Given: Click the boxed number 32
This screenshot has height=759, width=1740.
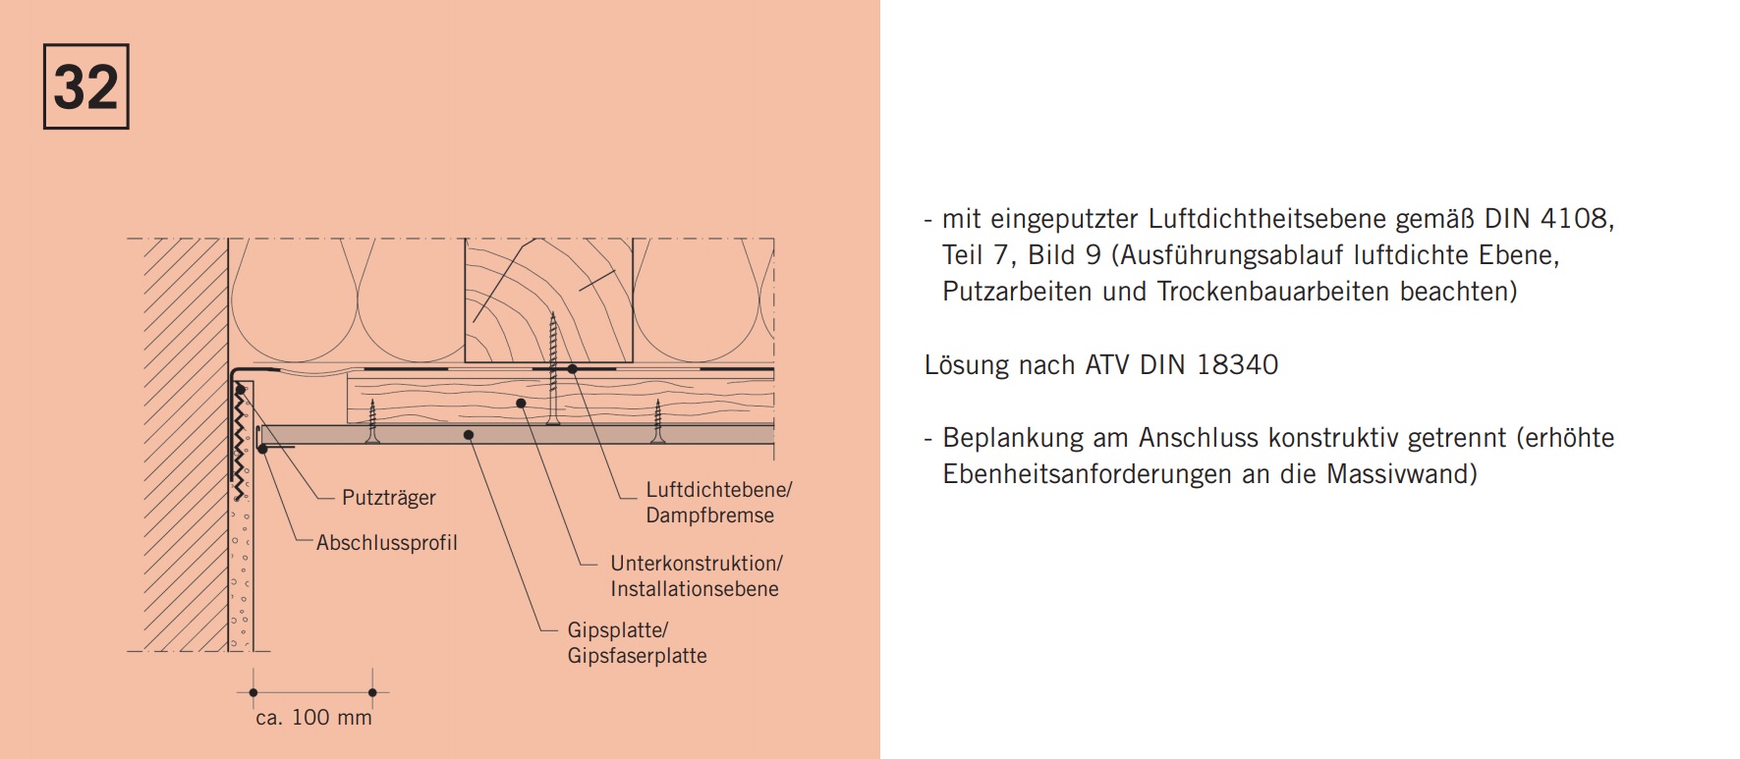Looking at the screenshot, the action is pyautogui.click(x=86, y=86).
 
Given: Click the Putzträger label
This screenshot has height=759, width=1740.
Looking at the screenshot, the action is pyautogui.click(x=388, y=498).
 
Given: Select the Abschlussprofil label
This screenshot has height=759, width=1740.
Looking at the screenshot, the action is pyautogui.click(x=387, y=543).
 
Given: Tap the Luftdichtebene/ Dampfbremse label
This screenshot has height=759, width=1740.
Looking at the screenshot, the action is pyautogui.click(x=718, y=502).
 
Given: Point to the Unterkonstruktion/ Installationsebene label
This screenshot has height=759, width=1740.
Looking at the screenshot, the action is pyautogui.click(x=696, y=576).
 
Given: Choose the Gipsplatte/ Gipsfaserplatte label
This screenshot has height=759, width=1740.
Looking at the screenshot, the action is pyautogui.click(x=637, y=643).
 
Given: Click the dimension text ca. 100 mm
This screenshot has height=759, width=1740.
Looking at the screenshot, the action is pyautogui.click(x=313, y=718).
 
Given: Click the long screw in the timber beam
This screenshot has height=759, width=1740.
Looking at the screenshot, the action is pyautogui.click(x=553, y=369).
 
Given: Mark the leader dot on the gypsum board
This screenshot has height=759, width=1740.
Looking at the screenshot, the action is pyautogui.click(x=469, y=434).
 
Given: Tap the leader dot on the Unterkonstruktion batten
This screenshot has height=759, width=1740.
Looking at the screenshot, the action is pyautogui.click(x=521, y=403).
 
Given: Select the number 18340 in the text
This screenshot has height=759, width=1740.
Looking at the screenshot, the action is pyautogui.click(x=1237, y=365).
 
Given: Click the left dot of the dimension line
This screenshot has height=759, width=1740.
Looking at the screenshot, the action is pyautogui.click(x=253, y=692).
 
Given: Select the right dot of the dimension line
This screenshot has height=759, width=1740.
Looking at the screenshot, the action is pyautogui.click(x=372, y=692).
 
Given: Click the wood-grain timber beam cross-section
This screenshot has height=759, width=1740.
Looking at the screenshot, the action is pyautogui.click(x=548, y=300).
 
